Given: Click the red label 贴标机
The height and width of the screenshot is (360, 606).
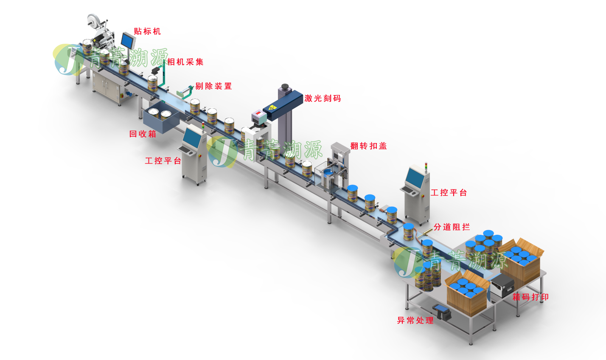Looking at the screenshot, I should coord(147,31).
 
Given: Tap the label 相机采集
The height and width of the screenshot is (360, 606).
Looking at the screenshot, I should coord(185,62).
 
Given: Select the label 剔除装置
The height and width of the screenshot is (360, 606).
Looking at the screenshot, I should coord(213,86).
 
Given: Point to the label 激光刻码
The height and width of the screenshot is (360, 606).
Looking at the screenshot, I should coord(323,98).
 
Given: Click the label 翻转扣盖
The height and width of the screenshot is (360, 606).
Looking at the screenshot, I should coord(368,146).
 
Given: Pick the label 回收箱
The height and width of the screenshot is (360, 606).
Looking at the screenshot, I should coord(143,134).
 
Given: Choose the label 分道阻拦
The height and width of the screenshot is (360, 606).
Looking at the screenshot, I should coord(452,227).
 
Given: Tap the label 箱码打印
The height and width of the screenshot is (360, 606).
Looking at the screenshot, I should coord(530,297).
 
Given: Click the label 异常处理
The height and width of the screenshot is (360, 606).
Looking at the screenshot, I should coord(415,321).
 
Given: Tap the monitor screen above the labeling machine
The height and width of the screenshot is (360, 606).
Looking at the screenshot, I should coord(128,40).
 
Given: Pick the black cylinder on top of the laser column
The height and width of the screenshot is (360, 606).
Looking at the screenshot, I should coord(285,87).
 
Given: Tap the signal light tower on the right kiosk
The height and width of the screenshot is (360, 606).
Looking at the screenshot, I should coord(426,167).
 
